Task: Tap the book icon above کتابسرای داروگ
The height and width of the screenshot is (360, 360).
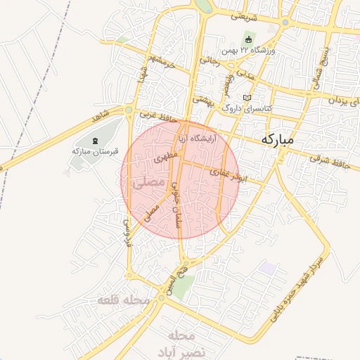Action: (x=246, y=98)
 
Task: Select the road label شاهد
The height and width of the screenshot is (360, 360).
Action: (x=101, y=113)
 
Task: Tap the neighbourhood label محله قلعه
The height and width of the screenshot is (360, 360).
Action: (x=124, y=300)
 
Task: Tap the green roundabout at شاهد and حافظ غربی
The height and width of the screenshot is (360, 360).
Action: (x=129, y=110)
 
